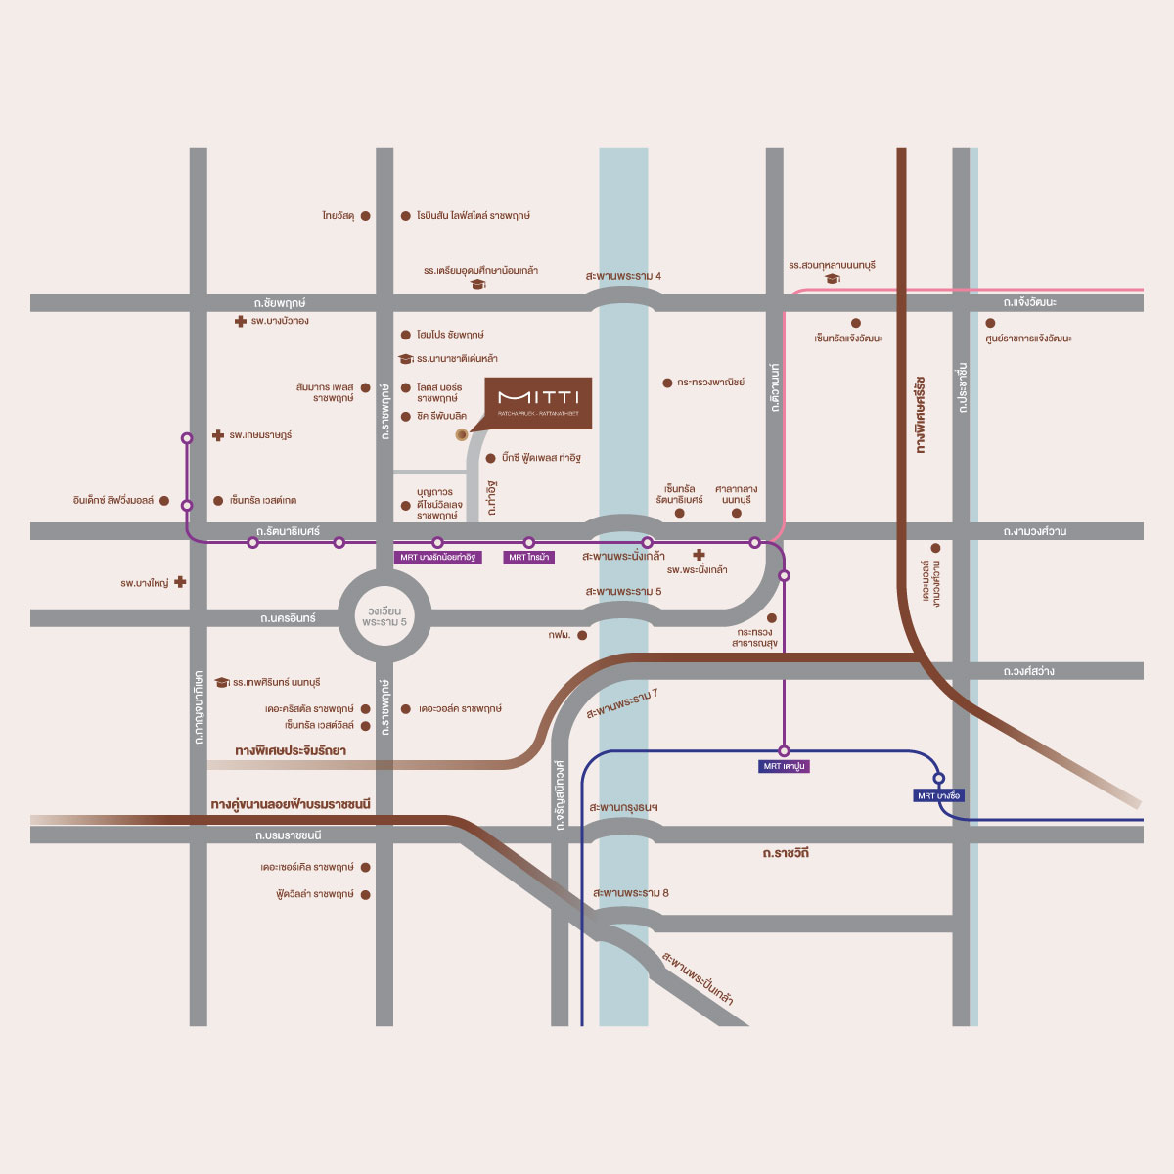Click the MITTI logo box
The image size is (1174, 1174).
pyautogui.click(x=538, y=402)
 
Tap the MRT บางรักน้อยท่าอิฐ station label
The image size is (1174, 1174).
pyautogui.click(x=437, y=557)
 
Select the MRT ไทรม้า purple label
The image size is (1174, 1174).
pyautogui.click(x=529, y=557)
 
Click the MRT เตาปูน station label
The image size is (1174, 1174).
pyautogui.click(x=784, y=766)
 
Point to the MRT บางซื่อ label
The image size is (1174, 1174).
pyautogui.click(x=939, y=795)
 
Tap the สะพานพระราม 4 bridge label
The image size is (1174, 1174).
pyautogui.click(x=623, y=276)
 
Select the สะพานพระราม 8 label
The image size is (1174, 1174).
pyautogui.click(x=631, y=893)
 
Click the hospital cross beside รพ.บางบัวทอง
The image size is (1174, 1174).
pyautogui.click(x=241, y=321)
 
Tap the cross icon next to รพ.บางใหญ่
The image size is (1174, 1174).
pyautogui.click(x=180, y=582)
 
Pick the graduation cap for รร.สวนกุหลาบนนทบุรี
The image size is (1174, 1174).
pyautogui.click(x=833, y=279)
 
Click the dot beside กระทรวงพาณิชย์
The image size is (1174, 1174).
pyautogui.click(x=667, y=383)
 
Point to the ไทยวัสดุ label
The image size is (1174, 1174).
pyautogui.click(x=338, y=215)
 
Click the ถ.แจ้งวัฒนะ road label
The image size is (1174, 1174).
pyautogui.click(x=1029, y=302)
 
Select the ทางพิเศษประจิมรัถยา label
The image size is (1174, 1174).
pyautogui.click(x=291, y=750)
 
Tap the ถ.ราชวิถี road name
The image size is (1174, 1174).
pyautogui.click(x=786, y=854)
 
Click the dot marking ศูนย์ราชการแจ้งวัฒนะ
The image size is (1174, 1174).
pyautogui.click(x=990, y=323)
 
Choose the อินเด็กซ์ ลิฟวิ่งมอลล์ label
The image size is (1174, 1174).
pyautogui.click(x=113, y=501)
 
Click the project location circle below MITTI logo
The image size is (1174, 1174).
pyautogui.click(x=462, y=434)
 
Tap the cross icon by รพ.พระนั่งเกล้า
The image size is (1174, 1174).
pyautogui.click(x=699, y=555)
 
